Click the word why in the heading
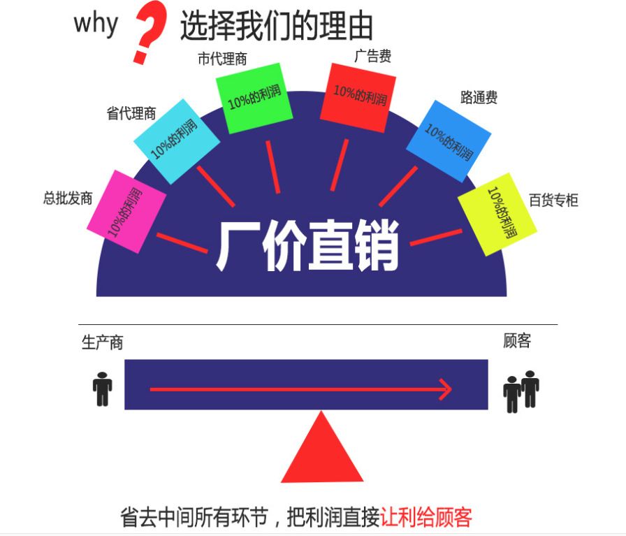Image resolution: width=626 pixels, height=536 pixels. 96,24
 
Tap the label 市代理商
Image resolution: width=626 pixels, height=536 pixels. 222,59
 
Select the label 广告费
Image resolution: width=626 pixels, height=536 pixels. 372,56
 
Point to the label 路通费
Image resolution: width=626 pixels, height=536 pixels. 479,97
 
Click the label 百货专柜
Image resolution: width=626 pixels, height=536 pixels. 553,200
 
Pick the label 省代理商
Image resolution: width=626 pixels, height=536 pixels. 131,113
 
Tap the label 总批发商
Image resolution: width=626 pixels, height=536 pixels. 68,198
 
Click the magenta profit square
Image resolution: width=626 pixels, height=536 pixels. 126,212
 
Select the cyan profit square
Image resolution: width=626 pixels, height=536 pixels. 177,141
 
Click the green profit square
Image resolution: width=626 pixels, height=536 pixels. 254,98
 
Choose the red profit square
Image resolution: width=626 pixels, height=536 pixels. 358,98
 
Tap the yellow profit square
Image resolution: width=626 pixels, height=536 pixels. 497,214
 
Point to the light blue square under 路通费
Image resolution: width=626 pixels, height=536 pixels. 449,141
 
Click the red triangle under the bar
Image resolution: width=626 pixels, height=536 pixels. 322,449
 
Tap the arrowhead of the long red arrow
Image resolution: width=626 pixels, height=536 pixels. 446,389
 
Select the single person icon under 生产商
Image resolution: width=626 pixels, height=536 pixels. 102,389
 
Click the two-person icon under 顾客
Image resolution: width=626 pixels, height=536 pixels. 521,391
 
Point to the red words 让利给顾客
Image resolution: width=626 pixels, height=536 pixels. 426,517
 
